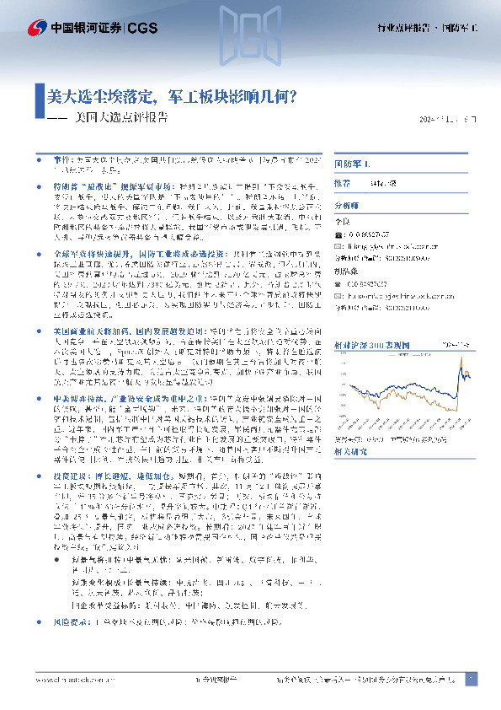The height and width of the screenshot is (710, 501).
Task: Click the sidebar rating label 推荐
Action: coord(343,182)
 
